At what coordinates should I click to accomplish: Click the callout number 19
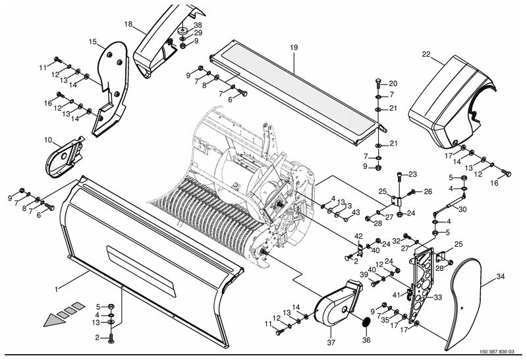click(x=294, y=47)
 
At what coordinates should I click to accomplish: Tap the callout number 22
click(x=426, y=54)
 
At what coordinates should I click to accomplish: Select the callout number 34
click(x=501, y=276)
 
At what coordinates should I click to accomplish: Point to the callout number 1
click(x=57, y=289)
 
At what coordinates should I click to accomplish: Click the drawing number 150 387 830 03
click(x=497, y=351)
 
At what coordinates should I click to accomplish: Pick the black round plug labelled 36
click(x=366, y=322)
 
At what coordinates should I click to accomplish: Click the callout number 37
click(x=331, y=343)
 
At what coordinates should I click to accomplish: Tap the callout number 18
click(x=128, y=24)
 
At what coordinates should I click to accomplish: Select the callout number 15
click(x=93, y=42)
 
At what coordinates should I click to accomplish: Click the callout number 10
click(x=48, y=140)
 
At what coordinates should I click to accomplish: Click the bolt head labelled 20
click(x=378, y=81)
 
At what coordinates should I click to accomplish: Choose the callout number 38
click(x=198, y=25)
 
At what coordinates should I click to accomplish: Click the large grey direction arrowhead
click(x=55, y=319)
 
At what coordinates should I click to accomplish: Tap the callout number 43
click(x=356, y=212)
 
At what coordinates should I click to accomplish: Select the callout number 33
click(x=437, y=297)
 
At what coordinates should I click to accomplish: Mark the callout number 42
click(x=358, y=236)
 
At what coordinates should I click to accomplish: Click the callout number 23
click(x=412, y=174)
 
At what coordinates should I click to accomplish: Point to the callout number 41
click(x=397, y=295)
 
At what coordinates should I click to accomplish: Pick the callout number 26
click(x=428, y=191)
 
